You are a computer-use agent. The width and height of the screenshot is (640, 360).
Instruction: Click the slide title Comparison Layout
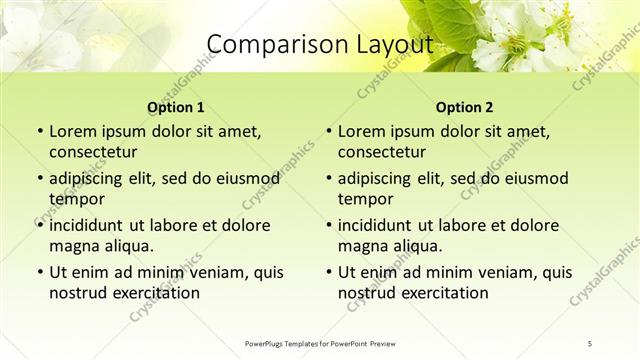click(x=319, y=44)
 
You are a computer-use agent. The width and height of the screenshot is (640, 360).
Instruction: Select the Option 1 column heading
click(x=176, y=106)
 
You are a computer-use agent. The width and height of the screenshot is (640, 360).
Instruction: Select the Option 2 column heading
click(x=465, y=106)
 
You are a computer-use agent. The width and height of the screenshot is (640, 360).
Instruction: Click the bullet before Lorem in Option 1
click(x=38, y=132)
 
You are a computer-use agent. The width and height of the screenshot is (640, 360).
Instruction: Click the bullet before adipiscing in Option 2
click(x=327, y=179)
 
